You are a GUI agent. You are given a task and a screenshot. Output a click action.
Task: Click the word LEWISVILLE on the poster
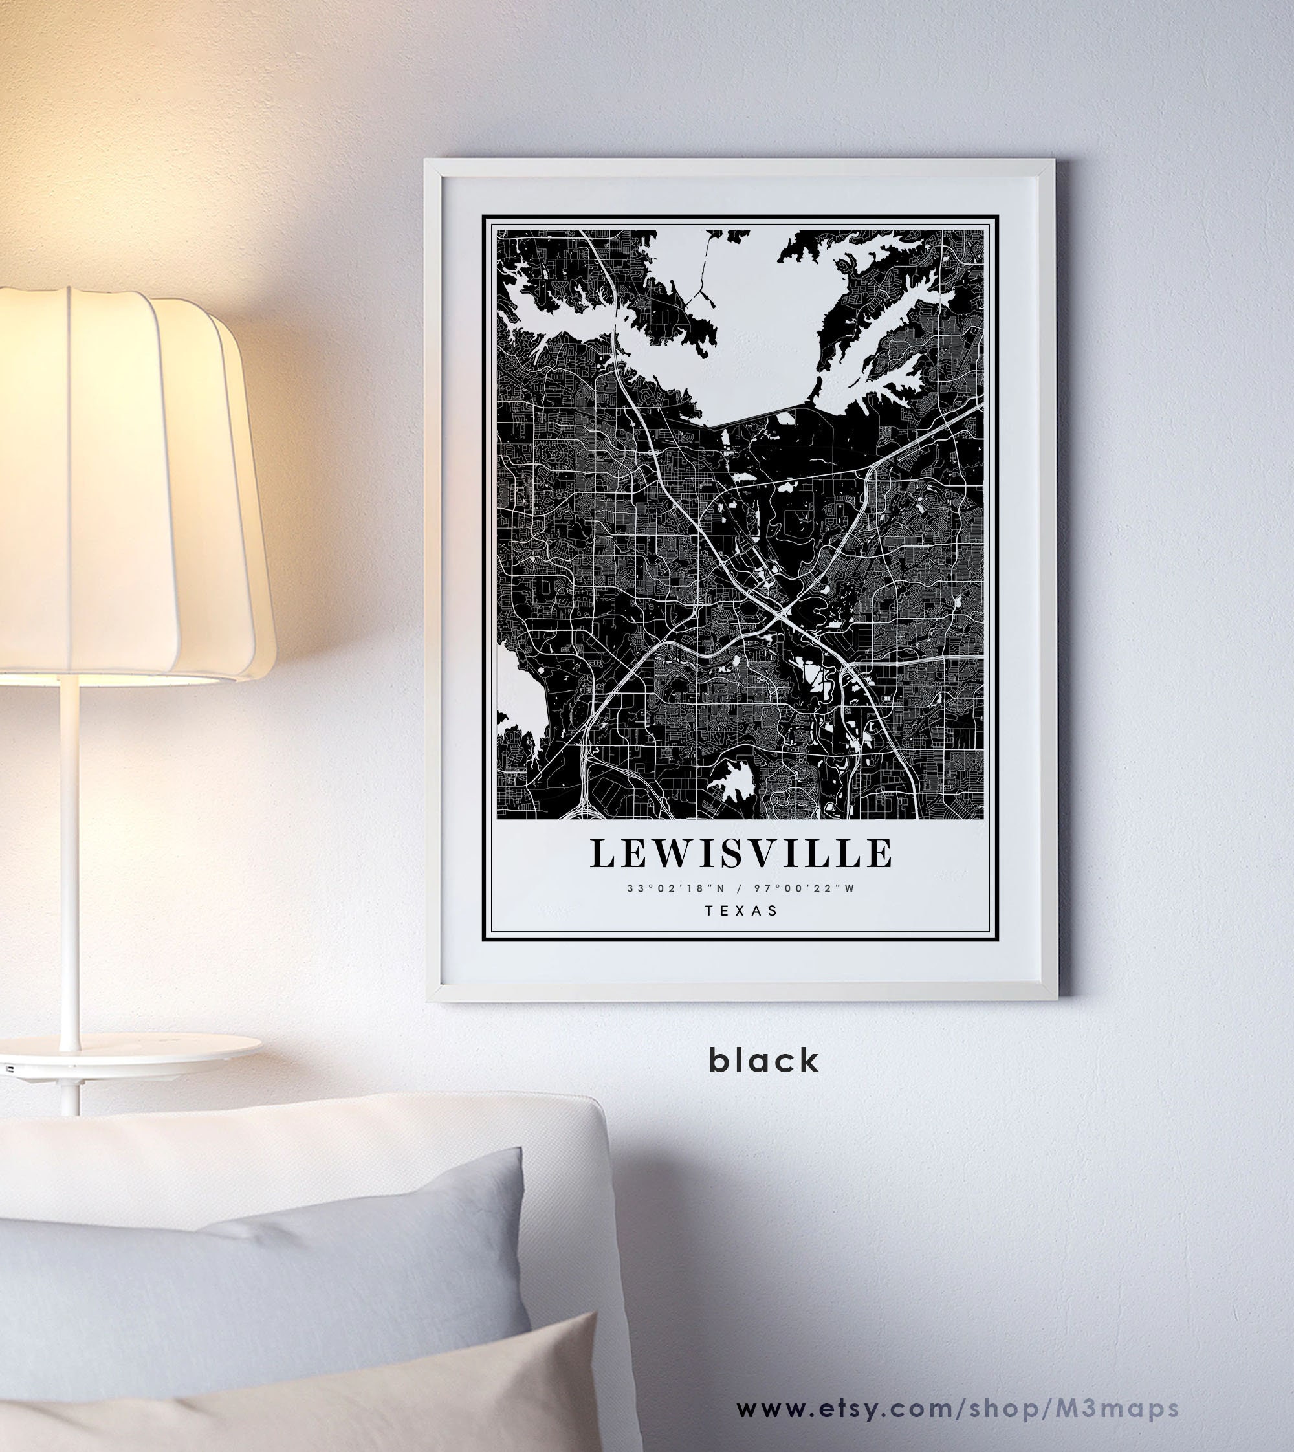[740, 854]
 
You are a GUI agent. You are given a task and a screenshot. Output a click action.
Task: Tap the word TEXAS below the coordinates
[740, 910]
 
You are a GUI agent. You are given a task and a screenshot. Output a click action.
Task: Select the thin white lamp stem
[69, 853]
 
